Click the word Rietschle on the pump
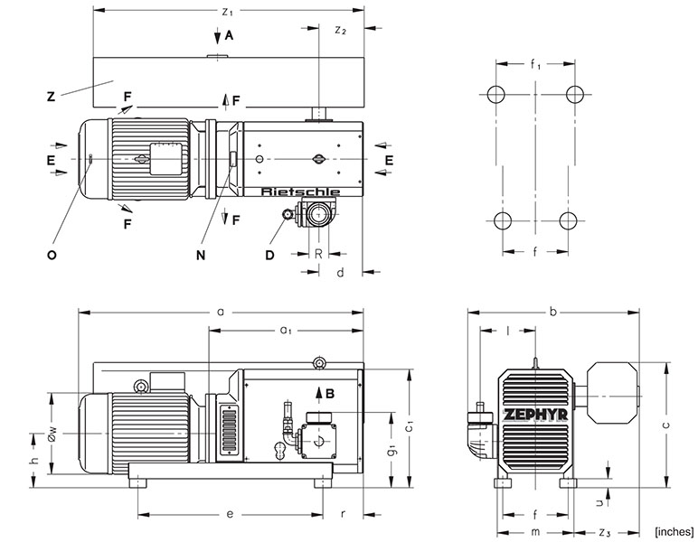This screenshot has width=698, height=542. (x=299, y=192)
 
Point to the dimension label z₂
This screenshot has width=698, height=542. (x=340, y=31)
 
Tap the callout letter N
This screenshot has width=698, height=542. (x=201, y=255)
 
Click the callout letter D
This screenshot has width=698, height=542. (x=269, y=255)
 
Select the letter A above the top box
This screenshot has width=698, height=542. (x=229, y=36)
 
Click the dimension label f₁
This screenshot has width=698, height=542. (x=535, y=64)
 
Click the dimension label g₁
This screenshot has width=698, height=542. (x=391, y=448)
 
